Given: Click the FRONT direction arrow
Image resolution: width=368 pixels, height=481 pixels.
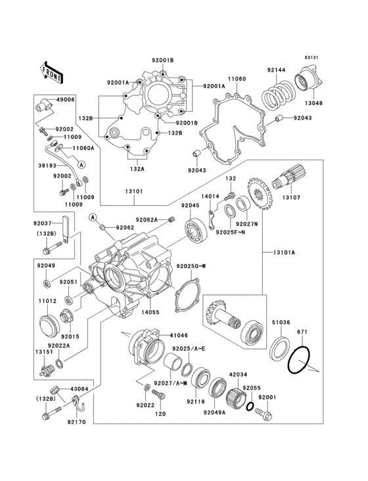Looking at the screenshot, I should [x=52, y=72].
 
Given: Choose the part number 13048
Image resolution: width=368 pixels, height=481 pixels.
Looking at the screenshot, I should [x=313, y=103].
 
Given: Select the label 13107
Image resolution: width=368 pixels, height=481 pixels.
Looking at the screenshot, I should [x=293, y=197].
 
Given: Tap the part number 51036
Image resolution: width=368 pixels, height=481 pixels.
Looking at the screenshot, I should [x=282, y=322].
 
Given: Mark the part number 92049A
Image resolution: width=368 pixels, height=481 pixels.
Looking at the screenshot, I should [x=216, y=413].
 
